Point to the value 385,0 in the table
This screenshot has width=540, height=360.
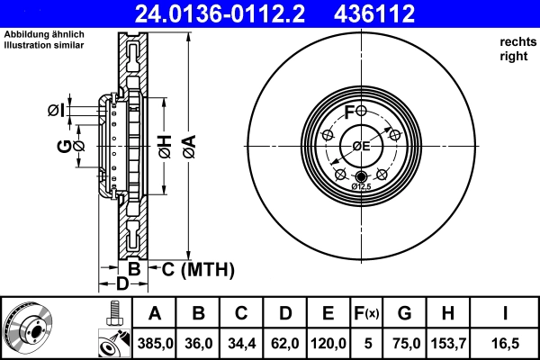pos(155,343)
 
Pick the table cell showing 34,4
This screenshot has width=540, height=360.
pos(241,343)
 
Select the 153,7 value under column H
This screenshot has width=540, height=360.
pos(447,343)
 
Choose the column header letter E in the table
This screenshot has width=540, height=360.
pos(328,314)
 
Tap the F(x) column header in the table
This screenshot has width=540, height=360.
pos(366,314)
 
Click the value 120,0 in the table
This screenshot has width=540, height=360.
pos(328,343)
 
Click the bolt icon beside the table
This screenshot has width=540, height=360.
pos(113,312)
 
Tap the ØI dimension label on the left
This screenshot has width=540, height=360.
pos(56,111)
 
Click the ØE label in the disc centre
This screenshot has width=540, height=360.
pos(361,146)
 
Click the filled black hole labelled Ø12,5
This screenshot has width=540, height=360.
pos(361,175)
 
